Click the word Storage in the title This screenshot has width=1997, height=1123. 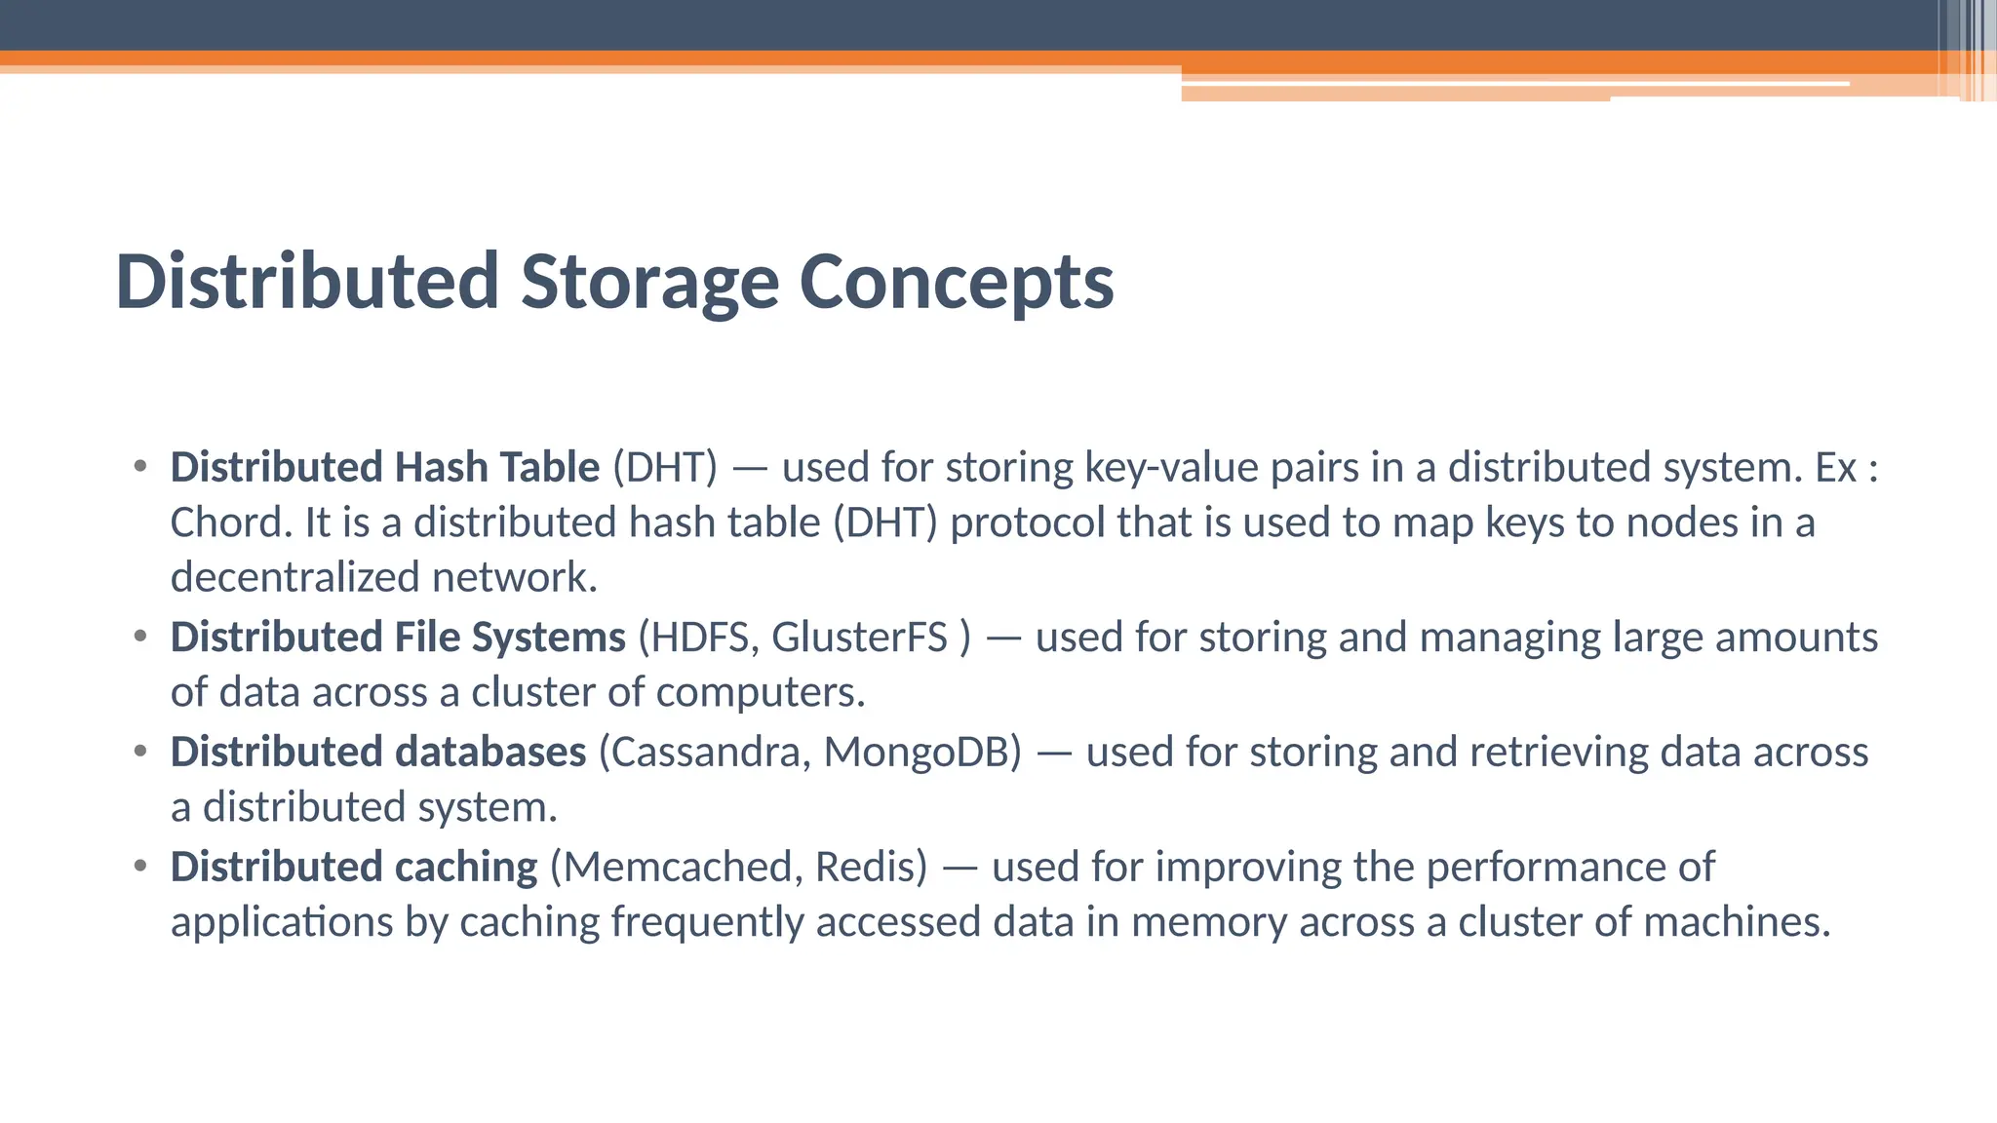(x=648, y=283)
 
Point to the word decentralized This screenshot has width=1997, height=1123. (x=294, y=578)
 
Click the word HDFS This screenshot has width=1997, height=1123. (x=698, y=639)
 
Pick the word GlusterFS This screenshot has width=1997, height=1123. (x=859, y=639)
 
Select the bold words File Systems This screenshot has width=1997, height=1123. (x=509, y=639)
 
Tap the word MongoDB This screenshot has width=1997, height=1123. (x=921, y=753)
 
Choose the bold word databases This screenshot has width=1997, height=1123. (x=490, y=753)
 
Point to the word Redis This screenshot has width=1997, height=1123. (x=870, y=868)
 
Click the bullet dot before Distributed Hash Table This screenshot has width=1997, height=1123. (x=140, y=467)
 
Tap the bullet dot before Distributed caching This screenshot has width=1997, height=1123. (x=140, y=867)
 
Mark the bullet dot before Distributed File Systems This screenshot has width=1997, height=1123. (x=140, y=638)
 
